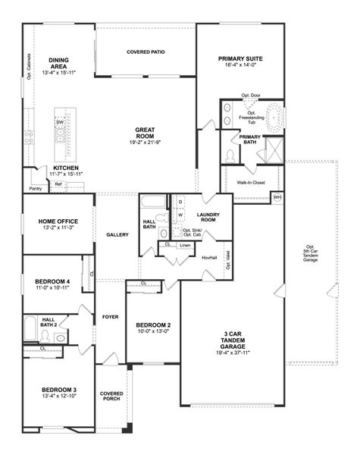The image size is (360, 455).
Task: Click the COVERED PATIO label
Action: pyautogui.click(x=146, y=52)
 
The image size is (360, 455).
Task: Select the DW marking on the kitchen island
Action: pyautogui.click(x=60, y=122)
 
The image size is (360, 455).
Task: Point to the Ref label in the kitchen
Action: pyautogui.click(x=58, y=183)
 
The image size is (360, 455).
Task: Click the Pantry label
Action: pyautogui.click(x=35, y=188)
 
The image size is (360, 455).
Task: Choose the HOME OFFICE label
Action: pyautogui.click(x=58, y=221)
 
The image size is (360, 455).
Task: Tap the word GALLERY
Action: pyautogui.click(x=117, y=234)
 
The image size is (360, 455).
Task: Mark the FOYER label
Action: pyautogui.click(x=110, y=317)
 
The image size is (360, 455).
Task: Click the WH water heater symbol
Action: pyautogui.click(x=277, y=197)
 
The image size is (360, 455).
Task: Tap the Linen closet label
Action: pyautogui.click(x=185, y=245)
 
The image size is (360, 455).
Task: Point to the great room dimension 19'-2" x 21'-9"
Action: pyautogui.click(x=146, y=142)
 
